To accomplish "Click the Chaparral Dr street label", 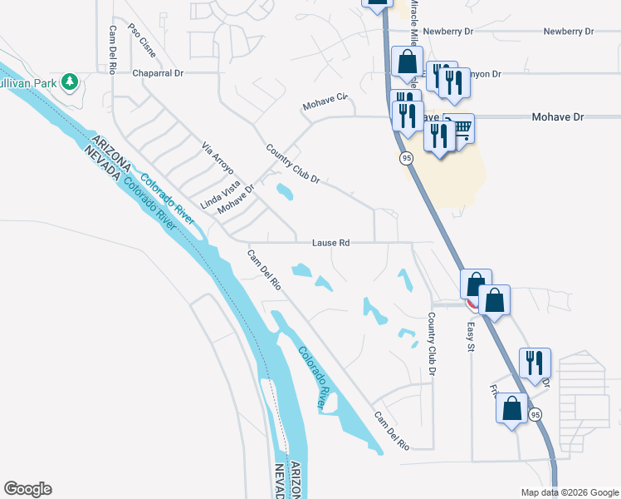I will pyautogui.click(x=159, y=73).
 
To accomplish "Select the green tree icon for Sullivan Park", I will pyautogui.click(x=71, y=81).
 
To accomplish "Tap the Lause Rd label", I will pyautogui.click(x=330, y=243).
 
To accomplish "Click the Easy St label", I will pyautogui.click(x=469, y=337).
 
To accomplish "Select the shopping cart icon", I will pyautogui.click(x=462, y=127).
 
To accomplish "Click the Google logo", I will pyautogui.click(x=27, y=489).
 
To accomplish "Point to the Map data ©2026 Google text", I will pyautogui.click(x=569, y=492).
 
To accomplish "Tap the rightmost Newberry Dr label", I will pyautogui.click(x=569, y=32).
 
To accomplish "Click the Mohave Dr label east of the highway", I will pyautogui.click(x=557, y=117).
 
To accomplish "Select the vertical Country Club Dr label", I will pyautogui.click(x=432, y=343).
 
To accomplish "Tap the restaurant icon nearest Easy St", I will pyautogui.click(x=532, y=362).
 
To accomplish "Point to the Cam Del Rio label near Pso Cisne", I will pyautogui.click(x=111, y=50).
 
